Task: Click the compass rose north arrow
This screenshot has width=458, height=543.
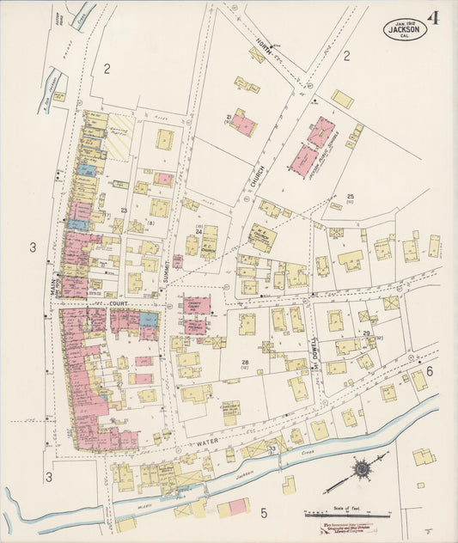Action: pos(362,469)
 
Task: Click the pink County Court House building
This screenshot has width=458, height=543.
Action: pos(196,305)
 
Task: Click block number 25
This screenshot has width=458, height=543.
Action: pos(351,198)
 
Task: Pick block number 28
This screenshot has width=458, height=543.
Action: pos(245,363)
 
